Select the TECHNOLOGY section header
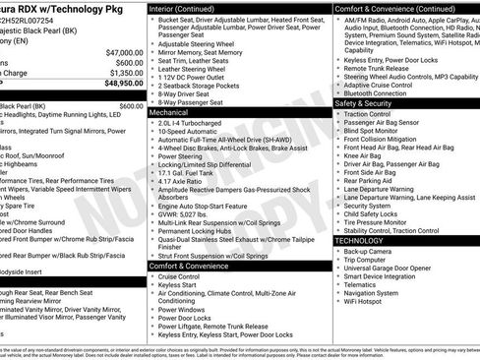359,240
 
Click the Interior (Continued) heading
189,7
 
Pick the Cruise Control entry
184,277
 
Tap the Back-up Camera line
370,251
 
